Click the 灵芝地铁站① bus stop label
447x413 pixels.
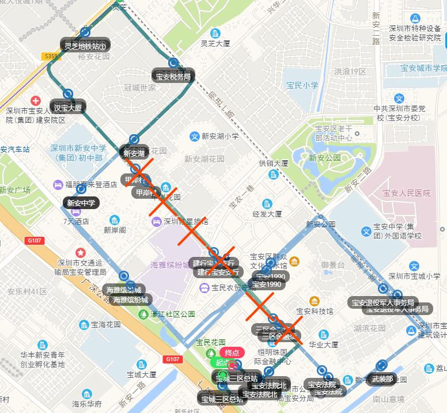click(86, 45)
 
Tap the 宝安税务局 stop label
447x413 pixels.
click(173, 75)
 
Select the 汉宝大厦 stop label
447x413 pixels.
click(68, 107)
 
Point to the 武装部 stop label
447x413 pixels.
click(382, 378)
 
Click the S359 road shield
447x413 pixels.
click(51, 56)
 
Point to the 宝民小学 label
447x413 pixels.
click(302, 85)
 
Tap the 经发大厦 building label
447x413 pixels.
click(267, 214)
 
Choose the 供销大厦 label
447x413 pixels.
click(274, 164)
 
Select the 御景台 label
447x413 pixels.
click(332, 264)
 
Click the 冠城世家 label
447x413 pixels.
click(140, 88)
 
